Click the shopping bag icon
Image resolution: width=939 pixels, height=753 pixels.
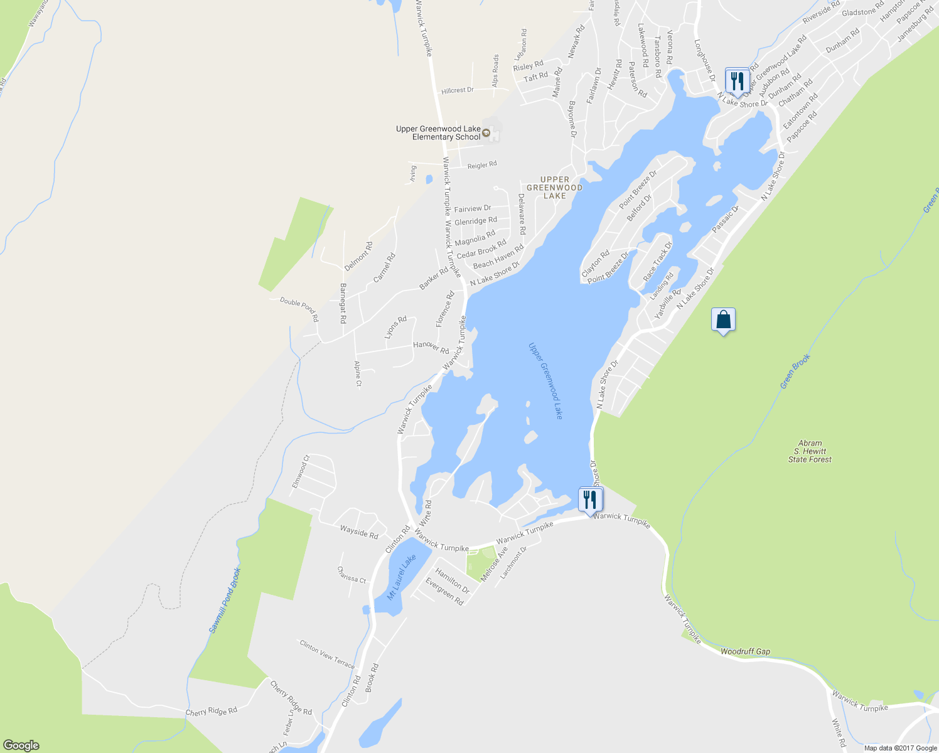[723, 320]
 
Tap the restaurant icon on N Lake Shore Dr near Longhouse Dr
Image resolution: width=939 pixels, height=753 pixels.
[737, 81]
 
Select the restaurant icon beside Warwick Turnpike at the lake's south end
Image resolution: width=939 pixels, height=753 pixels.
[590, 500]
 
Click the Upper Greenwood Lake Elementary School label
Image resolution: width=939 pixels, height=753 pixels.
[438, 133]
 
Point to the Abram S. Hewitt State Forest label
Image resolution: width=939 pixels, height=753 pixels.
[810, 451]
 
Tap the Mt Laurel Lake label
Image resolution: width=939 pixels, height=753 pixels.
[401, 577]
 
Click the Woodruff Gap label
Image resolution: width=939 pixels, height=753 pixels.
[745, 652]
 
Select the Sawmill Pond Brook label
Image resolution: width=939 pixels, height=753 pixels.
[224, 601]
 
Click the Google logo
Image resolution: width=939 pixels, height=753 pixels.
[21, 745]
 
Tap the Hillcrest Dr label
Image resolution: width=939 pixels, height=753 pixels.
[457, 90]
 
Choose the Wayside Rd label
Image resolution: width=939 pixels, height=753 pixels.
[359, 533]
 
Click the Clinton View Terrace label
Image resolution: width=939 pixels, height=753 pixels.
[326, 654]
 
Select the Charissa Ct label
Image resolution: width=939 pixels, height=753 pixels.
[351, 575]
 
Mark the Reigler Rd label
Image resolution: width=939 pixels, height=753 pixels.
[482, 165]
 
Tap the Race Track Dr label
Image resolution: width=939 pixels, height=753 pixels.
[657, 262]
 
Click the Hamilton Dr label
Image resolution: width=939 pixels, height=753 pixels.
[452, 581]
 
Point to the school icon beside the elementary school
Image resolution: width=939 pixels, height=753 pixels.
[486, 130]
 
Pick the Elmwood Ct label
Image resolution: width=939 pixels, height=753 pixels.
[301, 471]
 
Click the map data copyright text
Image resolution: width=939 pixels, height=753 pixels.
[900, 747]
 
